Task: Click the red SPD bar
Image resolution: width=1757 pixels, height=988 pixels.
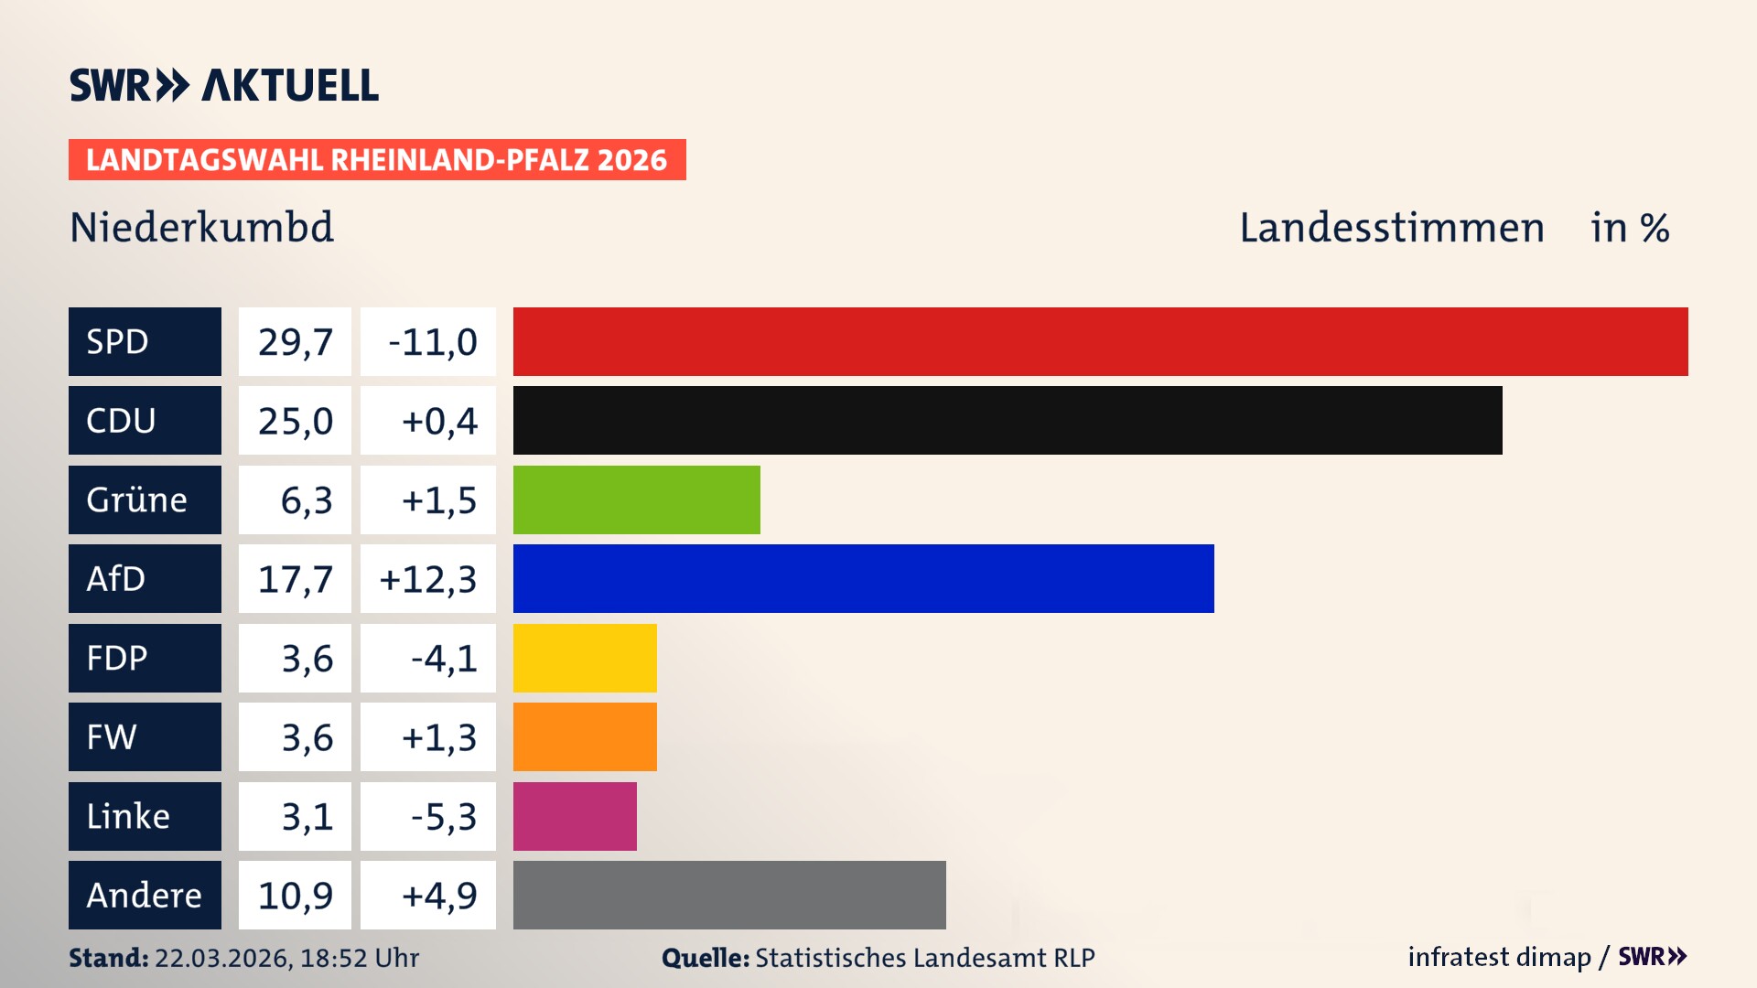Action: click(1100, 341)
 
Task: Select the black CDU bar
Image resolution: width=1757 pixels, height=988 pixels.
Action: click(1007, 420)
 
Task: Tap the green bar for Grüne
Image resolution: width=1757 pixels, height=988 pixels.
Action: click(636, 499)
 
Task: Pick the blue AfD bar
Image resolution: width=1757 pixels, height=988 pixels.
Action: click(863, 578)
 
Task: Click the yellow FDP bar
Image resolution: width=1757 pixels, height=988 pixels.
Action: click(585, 658)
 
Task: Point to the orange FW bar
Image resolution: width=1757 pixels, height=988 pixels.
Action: click(585, 736)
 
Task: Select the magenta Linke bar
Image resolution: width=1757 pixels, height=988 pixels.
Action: click(575, 816)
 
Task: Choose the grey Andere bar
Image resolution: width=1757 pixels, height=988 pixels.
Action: click(729, 895)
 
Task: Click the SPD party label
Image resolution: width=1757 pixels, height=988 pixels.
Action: click(145, 341)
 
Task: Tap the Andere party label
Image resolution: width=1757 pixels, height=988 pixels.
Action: click(145, 895)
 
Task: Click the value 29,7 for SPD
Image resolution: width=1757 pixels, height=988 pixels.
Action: click(295, 341)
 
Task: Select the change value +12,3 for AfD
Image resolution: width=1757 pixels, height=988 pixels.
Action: click(428, 578)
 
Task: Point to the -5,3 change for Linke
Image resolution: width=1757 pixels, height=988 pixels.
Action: click(443, 816)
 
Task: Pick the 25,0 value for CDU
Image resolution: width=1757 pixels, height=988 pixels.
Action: click(295, 420)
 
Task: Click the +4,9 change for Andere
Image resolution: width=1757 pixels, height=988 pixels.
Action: click(439, 895)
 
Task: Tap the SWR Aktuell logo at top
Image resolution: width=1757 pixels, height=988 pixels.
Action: click(224, 85)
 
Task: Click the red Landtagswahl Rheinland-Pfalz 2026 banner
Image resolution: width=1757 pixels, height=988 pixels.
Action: click(377, 159)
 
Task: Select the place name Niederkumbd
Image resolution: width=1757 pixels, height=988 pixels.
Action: click(202, 227)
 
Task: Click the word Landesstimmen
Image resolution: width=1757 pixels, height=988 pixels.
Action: click(1391, 227)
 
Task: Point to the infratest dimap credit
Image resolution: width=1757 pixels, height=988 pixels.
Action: click(1499, 957)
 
